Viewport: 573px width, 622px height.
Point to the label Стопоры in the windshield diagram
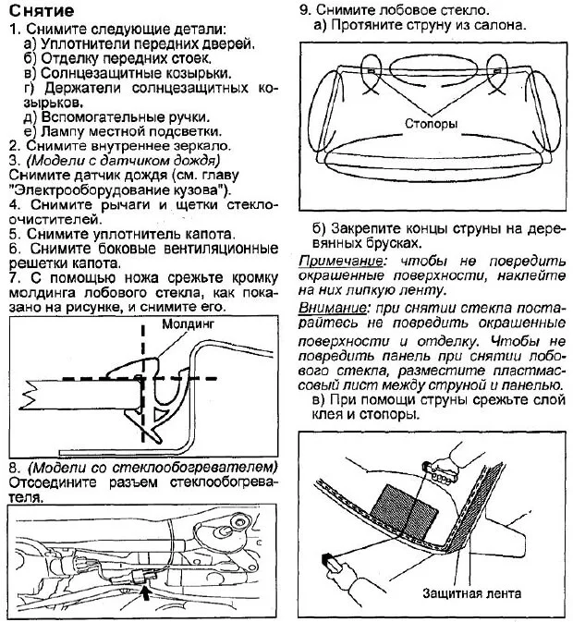tap(430, 123)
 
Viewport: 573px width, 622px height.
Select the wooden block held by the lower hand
tap(330, 562)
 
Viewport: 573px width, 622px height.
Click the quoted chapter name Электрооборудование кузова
tap(111, 189)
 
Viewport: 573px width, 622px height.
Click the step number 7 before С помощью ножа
tap(12, 278)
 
